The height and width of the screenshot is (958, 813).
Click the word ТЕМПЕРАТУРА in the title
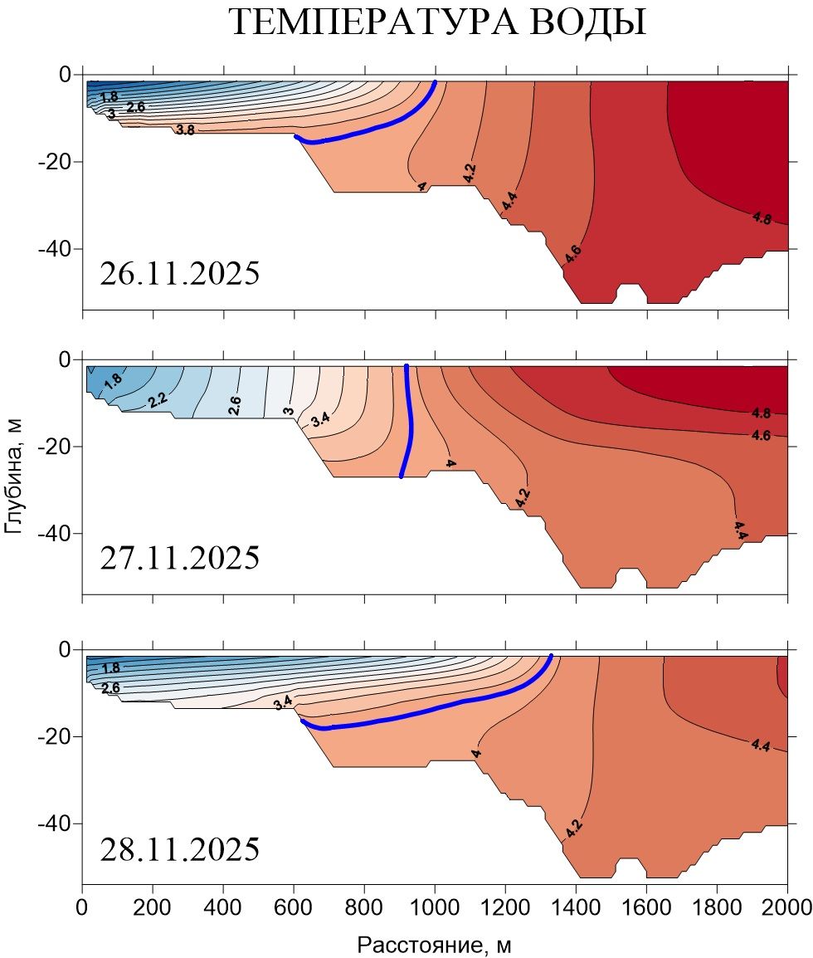click(x=373, y=22)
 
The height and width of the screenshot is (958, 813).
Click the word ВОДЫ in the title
click(x=588, y=22)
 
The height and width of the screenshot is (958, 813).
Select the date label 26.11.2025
click(x=179, y=273)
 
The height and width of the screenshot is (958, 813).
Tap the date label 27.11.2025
click(x=179, y=558)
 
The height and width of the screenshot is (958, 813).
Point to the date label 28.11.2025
click(x=179, y=849)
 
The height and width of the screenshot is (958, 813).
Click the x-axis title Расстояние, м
click(x=434, y=945)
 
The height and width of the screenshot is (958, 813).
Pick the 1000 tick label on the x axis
click(x=434, y=907)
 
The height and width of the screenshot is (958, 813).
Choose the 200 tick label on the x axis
click(x=152, y=907)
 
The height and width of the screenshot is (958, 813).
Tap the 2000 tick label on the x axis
click(x=786, y=907)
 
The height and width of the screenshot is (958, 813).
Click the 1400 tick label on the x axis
click(x=576, y=907)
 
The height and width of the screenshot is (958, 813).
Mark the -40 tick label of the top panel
click(x=55, y=249)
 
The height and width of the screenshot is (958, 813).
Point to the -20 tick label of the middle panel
click(x=55, y=447)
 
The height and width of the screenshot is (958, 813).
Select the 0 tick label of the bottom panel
click(x=65, y=649)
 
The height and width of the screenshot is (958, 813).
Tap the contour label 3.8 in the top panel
click(x=185, y=130)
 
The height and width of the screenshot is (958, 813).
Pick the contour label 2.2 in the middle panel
click(x=158, y=401)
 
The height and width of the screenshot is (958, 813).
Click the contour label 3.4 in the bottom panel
click(x=283, y=702)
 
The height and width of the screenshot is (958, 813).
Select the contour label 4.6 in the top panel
click(x=572, y=253)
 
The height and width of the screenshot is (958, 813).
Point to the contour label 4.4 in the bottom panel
click(x=761, y=745)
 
